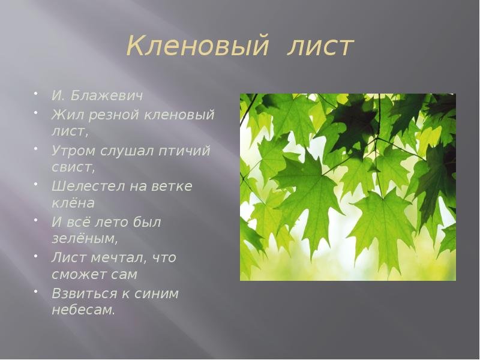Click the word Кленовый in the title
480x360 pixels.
pyautogui.click(x=197, y=47)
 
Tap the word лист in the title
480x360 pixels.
pyautogui.click(x=320, y=47)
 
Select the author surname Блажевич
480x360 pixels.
pyautogui.click(x=107, y=96)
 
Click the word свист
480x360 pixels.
pyautogui.click(x=72, y=167)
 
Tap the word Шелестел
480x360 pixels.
pyautogui.click(x=88, y=186)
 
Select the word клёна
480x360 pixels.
pyautogui.click(x=73, y=202)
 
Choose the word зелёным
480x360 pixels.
pyautogui.click(x=83, y=238)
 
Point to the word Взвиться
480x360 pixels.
pyautogui.click(x=85, y=293)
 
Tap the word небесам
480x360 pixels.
pyautogui.click(x=82, y=310)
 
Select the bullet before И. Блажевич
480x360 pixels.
pyautogui.click(x=36, y=93)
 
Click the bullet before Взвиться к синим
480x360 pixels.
pyautogui.click(x=36, y=290)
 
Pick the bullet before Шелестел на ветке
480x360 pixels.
pyautogui.click(x=36, y=183)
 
